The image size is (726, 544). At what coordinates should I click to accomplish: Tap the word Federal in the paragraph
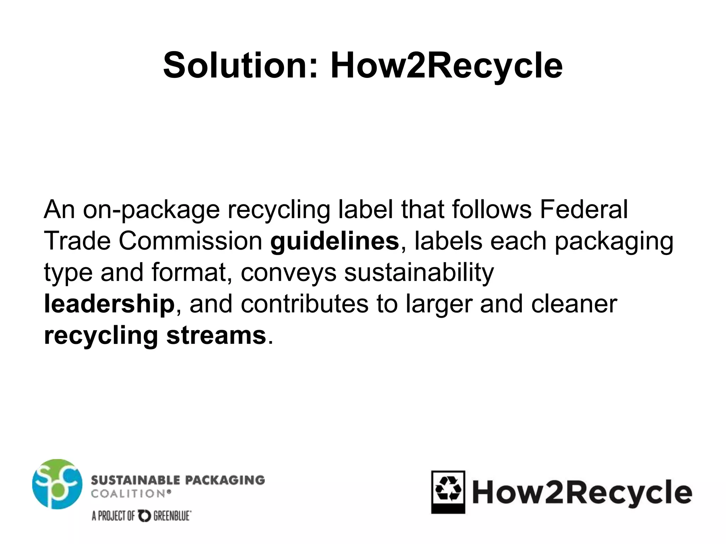click(583, 209)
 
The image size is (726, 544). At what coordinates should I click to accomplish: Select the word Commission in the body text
click(190, 241)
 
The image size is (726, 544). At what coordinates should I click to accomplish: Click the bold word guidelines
click(334, 241)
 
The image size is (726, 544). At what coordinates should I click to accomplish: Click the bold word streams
click(216, 335)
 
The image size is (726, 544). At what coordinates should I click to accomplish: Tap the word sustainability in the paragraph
click(419, 272)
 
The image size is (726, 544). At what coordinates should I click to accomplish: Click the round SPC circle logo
click(57, 484)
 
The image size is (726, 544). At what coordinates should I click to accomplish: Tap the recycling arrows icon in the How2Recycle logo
click(448, 489)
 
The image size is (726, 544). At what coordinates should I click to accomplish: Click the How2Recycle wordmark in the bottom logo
click(582, 493)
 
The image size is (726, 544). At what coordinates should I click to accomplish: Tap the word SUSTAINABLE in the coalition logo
click(135, 480)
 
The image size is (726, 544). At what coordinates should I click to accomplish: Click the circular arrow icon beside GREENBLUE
click(144, 516)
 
